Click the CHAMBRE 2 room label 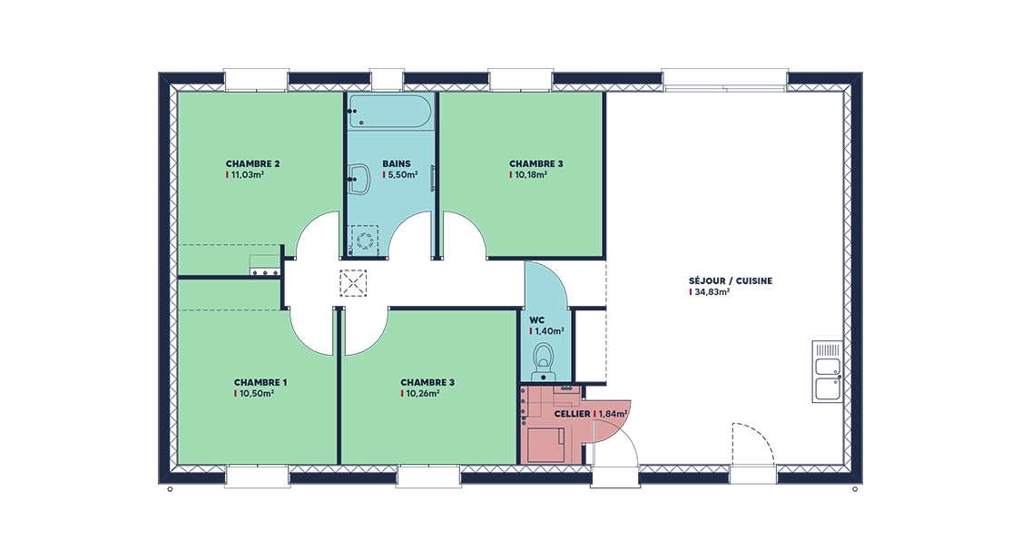click(x=252, y=163)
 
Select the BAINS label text click(x=397, y=163)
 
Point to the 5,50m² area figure click(x=402, y=174)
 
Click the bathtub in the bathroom click(x=389, y=112)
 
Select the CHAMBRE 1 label click(x=260, y=382)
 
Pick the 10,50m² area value click(x=256, y=394)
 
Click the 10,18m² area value click(x=531, y=174)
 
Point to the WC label click(x=536, y=319)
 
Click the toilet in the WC click(x=546, y=358)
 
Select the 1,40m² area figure click(x=549, y=331)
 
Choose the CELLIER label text click(x=571, y=413)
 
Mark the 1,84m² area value click(x=614, y=413)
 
